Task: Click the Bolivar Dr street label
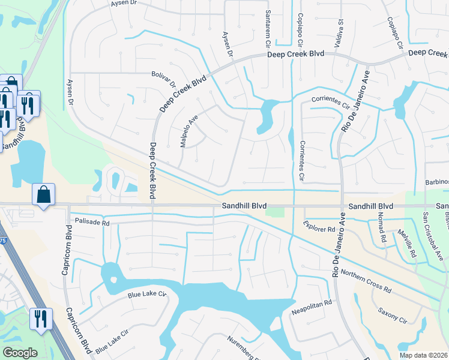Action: coord(164,79)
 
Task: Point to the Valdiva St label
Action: coord(340,29)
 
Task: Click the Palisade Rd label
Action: coord(89,223)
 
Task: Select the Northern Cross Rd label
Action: coord(366,281)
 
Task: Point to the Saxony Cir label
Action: coord(393,316)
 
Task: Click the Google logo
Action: coord(20,353)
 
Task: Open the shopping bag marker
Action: coord(43,195)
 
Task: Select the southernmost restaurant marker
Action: coord(41,319)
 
